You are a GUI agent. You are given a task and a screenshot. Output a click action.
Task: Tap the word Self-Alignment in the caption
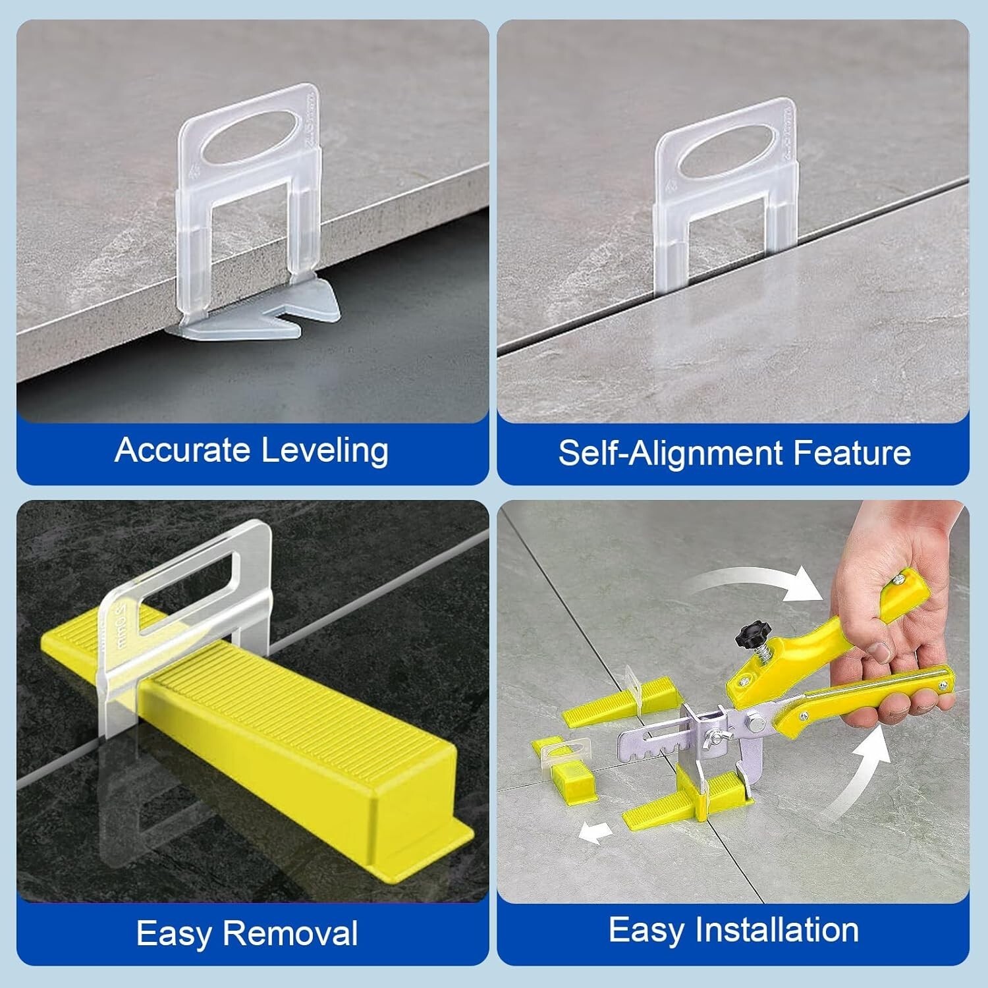pos(669,453)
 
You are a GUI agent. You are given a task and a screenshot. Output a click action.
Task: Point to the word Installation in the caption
pos(778,930)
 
